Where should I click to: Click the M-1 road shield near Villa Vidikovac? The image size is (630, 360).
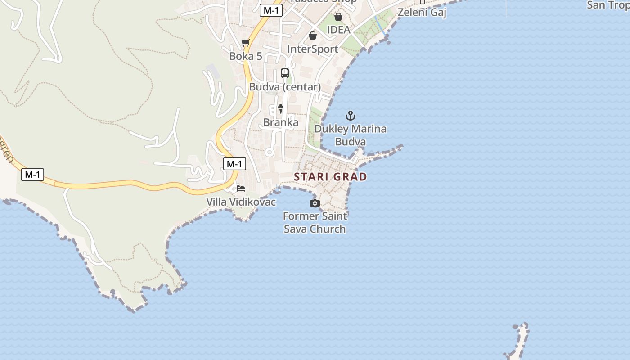click(x=234, y=164)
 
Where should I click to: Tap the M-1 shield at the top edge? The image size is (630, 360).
click(x=271, y=10)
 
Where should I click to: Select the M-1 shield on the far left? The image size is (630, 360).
click(x=32, y=174)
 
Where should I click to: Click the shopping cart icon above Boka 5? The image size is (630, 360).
click(x=245, y=43)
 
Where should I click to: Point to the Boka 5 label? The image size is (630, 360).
click(x=246, y=56)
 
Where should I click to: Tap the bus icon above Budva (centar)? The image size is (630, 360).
click(x=284, y=73)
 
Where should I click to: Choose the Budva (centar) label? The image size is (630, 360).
click(x=285, y=87)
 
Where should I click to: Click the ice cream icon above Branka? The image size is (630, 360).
click(x=281, y=108)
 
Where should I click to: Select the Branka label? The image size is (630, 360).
click(x=281, y=122)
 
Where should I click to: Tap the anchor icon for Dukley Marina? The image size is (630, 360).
click(x=350, y=116)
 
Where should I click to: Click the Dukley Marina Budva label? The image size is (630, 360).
click(x=350, y=135)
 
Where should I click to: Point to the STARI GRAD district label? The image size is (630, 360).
click(x=330, y=176)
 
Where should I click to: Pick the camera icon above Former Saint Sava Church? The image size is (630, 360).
click(x=315, y=203)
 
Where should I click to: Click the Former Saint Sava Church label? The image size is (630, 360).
click(x=315, y=222)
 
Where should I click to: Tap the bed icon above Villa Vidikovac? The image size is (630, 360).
click(x=241, y=188)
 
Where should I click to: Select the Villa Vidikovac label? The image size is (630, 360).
click(x=241, y=202)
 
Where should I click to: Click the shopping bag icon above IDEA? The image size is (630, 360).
click(x=338, y=17)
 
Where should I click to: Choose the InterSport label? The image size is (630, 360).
click(x=312, y=49)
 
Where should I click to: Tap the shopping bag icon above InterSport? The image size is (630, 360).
click(x=312, y=36)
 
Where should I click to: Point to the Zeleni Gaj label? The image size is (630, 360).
click(x=422, y=12)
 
